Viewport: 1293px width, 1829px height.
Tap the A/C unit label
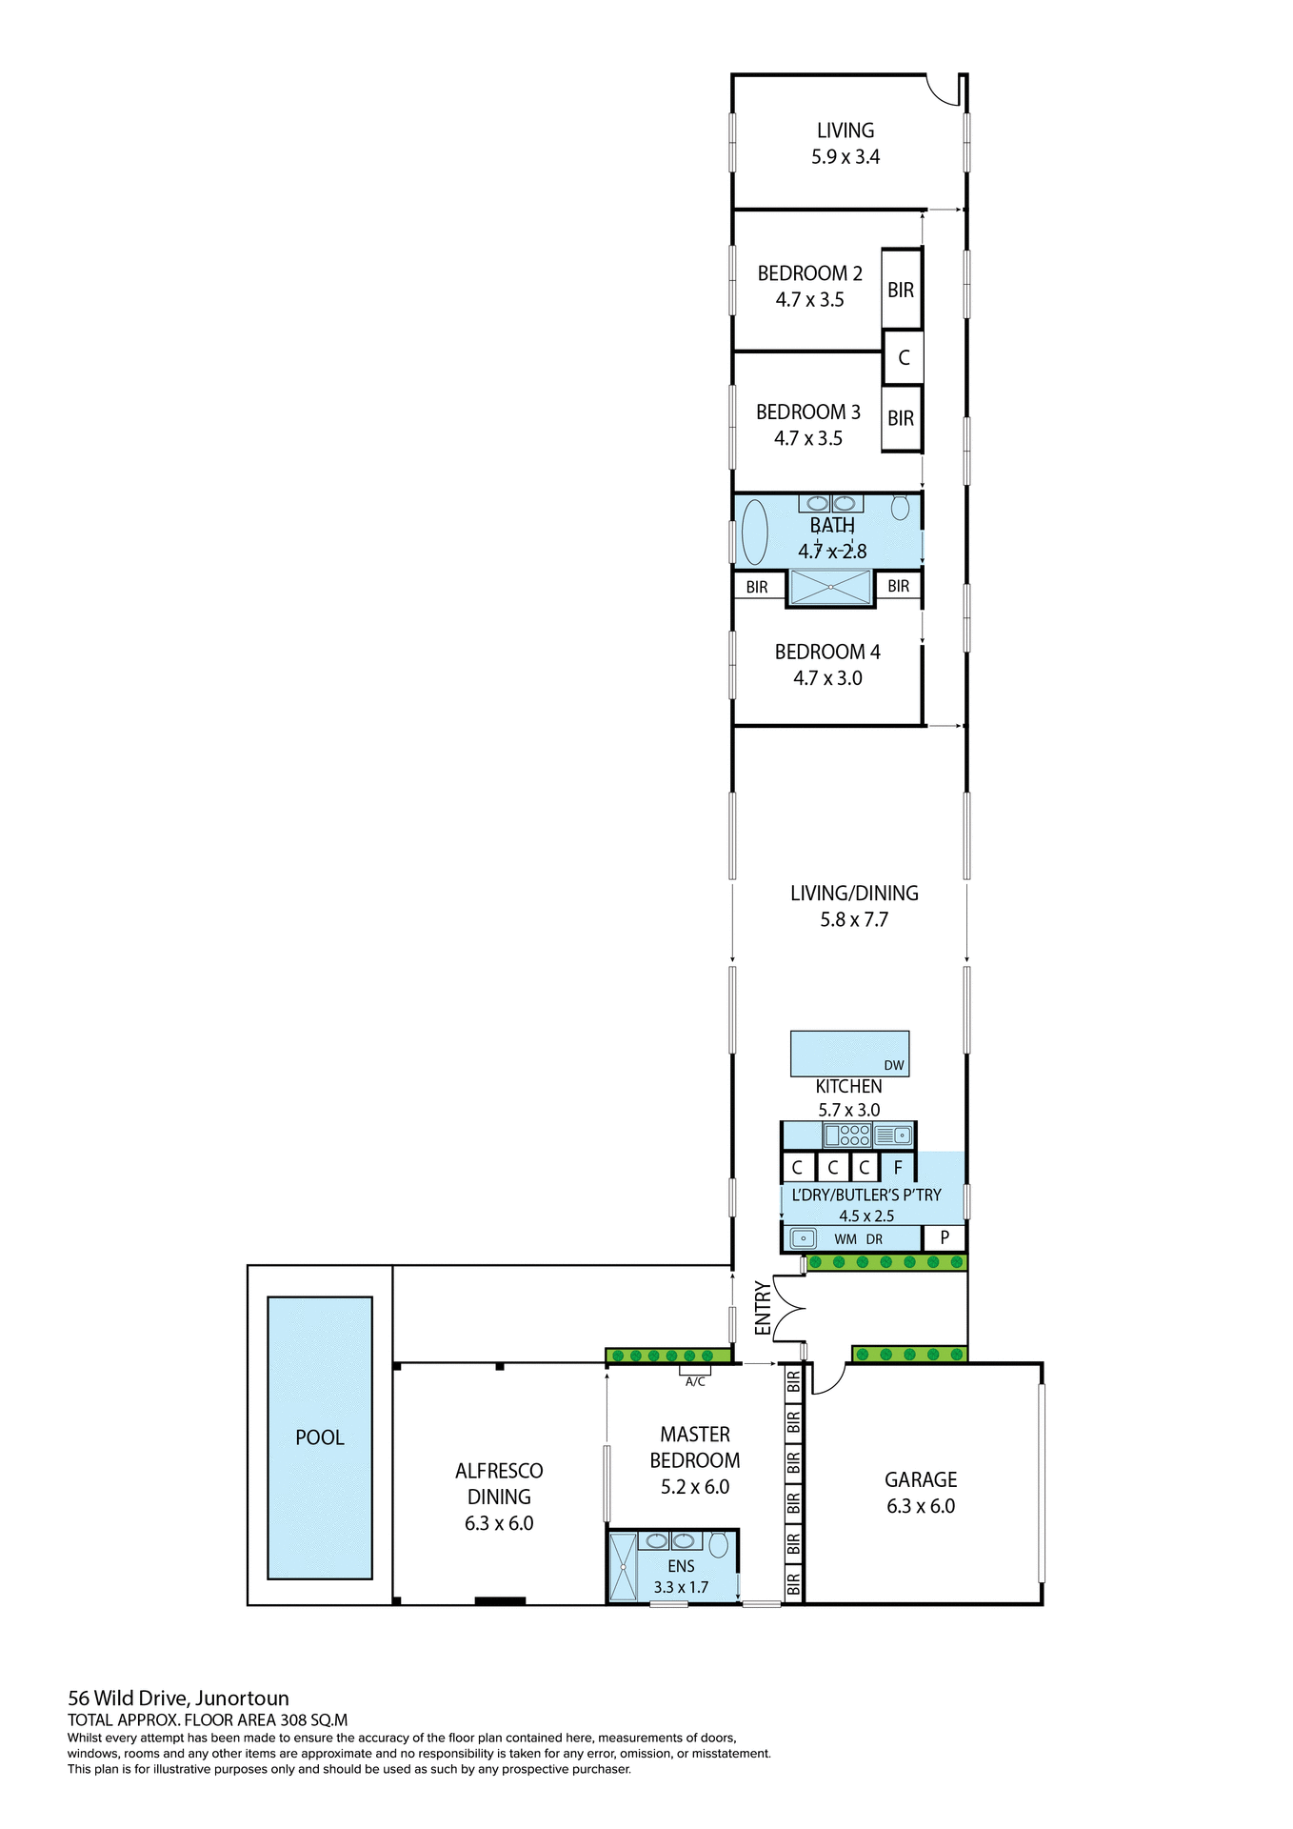695,1381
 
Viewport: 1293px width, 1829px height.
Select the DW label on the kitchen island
893,1065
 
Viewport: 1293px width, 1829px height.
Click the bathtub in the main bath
754,533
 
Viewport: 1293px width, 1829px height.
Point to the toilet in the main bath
900,507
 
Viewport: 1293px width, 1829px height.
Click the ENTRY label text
763,1307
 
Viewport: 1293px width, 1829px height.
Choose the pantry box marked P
945,1237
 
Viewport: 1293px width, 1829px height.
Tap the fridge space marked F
897,1167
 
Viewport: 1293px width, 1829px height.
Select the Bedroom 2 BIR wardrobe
901,290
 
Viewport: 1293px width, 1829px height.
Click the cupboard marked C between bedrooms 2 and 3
904,357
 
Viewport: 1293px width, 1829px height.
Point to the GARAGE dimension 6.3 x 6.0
920,1506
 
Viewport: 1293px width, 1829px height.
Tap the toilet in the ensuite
719,1544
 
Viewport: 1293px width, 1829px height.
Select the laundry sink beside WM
804,1238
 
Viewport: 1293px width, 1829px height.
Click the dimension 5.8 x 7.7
853,919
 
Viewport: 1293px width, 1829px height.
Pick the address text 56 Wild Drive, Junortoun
178,1698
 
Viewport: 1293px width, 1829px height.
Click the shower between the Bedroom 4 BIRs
830,587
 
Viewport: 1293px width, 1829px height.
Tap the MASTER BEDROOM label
695,1447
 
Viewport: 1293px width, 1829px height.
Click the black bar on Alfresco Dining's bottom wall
500,1600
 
